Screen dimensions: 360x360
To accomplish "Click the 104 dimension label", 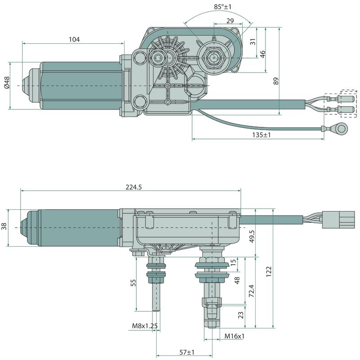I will point(74,40).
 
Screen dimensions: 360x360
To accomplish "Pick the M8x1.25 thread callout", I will point(144,325).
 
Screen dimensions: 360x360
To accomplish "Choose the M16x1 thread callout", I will point(235,336).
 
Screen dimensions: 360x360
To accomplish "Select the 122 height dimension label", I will point(269,272).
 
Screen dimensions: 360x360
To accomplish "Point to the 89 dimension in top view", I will point(276,81).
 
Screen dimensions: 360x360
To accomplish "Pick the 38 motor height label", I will point(4,227).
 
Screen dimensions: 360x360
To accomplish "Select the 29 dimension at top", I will point(230,21).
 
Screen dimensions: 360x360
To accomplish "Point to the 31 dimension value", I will point(253,41).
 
